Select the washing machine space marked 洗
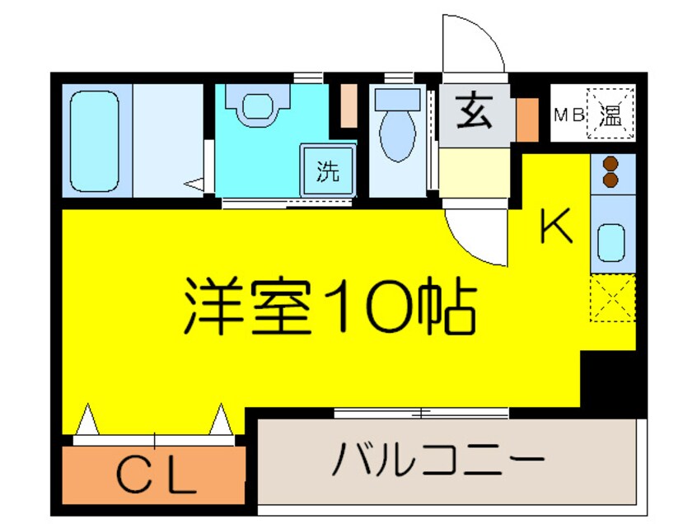point(328,171)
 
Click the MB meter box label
point(568,115)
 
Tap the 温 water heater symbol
point(610,115)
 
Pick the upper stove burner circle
point(611,163)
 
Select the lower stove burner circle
point(611,179)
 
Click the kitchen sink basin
point(611,241)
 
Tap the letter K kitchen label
point(556,227)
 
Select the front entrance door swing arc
point(474,45)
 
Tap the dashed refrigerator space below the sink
point(612,299)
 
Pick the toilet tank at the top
point(399,98)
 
